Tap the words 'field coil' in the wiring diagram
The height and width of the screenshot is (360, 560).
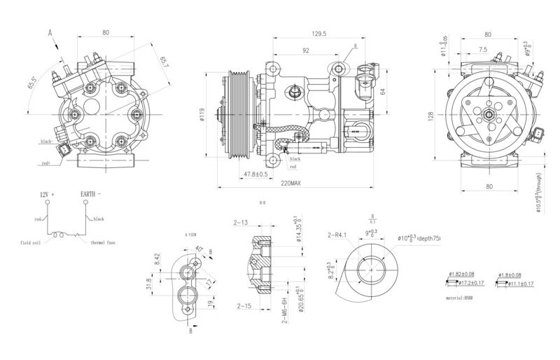click(x=33, y=242)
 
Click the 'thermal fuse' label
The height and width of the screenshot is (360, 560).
click(x=105, y=242)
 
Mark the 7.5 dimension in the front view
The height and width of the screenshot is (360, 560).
click(x=484, y=50)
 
